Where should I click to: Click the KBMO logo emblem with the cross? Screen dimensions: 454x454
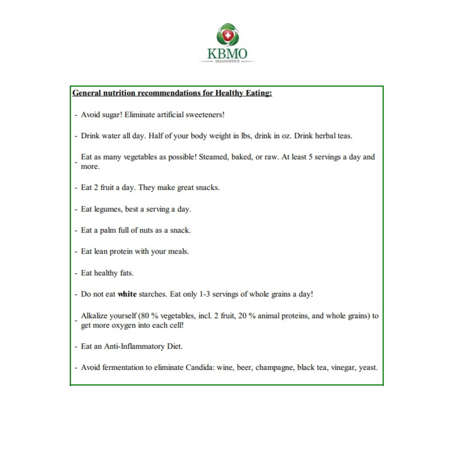228,35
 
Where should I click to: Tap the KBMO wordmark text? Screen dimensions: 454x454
227,54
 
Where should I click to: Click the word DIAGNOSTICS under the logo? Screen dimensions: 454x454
227,61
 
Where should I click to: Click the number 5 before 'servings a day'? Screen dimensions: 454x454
310,157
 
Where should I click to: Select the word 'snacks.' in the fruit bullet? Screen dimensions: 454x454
207,188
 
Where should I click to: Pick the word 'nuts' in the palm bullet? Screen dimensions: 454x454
146,230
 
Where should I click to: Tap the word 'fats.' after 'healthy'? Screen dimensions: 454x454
127,273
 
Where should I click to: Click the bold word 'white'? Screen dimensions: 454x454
127,294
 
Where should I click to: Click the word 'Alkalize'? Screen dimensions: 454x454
94,316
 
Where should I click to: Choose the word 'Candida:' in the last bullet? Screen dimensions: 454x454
200,367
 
